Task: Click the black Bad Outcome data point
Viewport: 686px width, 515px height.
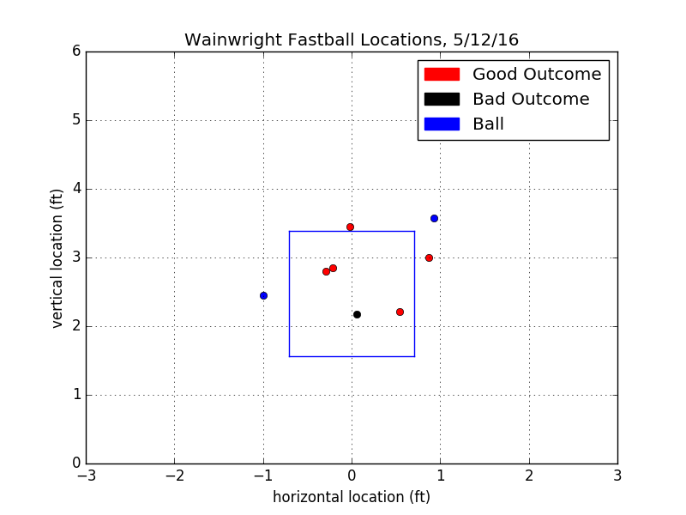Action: (357, 314)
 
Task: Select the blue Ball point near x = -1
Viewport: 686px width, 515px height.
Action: (263, 295)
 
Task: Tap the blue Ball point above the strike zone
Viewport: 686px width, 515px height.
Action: (434, 218)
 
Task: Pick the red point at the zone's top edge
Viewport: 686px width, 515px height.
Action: (350, 227)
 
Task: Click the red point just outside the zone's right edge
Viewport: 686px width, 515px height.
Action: (429, 257)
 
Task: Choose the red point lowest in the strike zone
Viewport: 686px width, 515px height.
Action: (400, 312)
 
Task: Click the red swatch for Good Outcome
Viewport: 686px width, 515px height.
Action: (442, 75)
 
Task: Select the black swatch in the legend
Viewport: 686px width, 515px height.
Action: (442, 100)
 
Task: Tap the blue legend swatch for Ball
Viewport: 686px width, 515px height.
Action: (442, 124)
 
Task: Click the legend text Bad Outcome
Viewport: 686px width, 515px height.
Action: (531, 100)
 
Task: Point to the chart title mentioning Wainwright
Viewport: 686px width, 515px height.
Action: (352, 40)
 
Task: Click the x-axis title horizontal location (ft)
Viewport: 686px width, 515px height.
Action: (352, 497)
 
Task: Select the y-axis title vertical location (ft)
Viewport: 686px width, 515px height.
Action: (57, 257)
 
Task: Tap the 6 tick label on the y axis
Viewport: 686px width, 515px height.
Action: (76, 51)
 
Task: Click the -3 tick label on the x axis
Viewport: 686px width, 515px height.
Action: (86, 475)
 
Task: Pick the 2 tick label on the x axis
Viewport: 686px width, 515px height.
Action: (529, 475)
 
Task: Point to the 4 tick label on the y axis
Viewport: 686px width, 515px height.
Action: (76, 189)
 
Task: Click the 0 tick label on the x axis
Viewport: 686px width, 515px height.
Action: (352, 475)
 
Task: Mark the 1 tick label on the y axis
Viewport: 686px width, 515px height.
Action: (76, 395)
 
